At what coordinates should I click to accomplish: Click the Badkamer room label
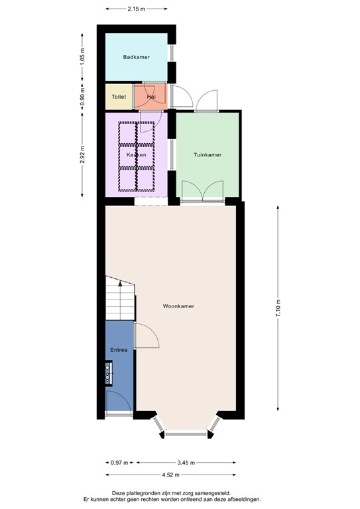click(x=136, y=57)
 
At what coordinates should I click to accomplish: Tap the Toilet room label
click(x=119, y=97)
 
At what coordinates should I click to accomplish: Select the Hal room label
click(x=151, y=97)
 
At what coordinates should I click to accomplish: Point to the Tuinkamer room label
click(x=207, y=154)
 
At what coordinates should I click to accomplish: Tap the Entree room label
click(x=118, y=349)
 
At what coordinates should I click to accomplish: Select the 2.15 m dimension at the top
click(x=136, y=9)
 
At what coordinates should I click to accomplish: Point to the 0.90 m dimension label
click(x=82, y=97)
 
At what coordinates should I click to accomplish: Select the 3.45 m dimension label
click(x=185, y=463)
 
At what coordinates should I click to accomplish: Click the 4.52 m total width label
click(x=170, y=475)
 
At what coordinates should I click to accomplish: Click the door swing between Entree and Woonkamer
click(x=147, y=337)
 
